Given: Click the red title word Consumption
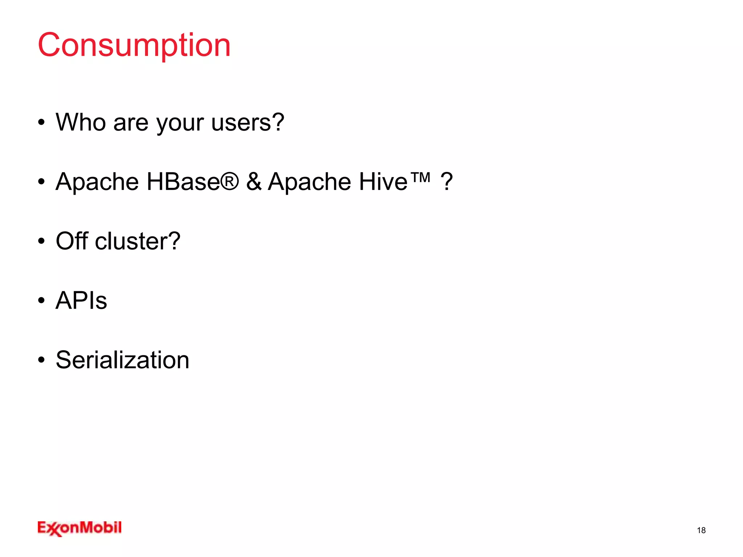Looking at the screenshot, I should pos(134,45).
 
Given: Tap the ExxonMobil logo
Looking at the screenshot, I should pos(79,528).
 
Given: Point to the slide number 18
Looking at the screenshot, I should pos(701,530).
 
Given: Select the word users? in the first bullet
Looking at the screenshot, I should pos(248,122).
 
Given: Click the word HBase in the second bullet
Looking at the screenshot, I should pos(183,181).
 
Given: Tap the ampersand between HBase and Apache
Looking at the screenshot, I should pos(254,181).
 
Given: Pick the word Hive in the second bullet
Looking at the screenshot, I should pos(383,181).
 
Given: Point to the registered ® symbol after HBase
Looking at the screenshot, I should pos(230,181).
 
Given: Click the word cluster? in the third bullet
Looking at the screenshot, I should pos(137,241).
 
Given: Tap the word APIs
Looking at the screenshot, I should pos(81,300).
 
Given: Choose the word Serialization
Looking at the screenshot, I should pos(123,360).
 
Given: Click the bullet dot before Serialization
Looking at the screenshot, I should pos(41,360).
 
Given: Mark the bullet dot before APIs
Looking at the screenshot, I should pos(41,301).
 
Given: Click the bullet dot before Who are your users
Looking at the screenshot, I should pos(41,123).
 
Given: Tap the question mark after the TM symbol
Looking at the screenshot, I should pos(447,181).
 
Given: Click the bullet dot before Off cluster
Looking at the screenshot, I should pos(41,241).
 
